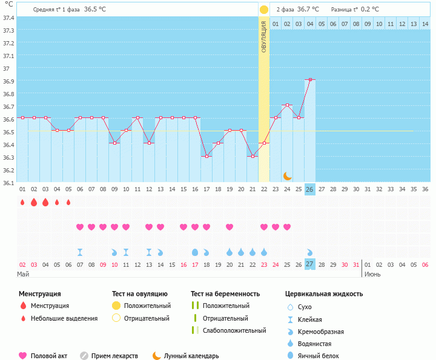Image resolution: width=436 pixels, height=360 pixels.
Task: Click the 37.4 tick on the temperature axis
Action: click(8, 18)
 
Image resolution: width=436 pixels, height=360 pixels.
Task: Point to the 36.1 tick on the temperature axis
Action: click(8, 182)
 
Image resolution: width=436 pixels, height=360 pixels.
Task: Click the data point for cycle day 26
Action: click(310, 79)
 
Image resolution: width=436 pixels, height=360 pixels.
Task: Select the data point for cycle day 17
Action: click(206, 156)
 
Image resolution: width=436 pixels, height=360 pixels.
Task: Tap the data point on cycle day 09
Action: click(114, 143)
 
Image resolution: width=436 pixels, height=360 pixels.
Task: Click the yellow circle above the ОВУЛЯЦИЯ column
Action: click(264, 10)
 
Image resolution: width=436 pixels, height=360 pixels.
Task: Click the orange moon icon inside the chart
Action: click(288, 175)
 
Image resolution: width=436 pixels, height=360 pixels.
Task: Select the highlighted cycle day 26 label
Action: click(310, 189)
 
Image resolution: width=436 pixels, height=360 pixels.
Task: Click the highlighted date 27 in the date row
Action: click(310, 265)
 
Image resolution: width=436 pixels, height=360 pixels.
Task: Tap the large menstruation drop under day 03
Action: click(34, 202)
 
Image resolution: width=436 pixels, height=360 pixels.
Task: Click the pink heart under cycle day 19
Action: click(230, 227)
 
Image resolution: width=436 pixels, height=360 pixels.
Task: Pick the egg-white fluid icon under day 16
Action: click(195, 252)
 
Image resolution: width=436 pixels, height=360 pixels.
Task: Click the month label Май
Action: click(23, 274)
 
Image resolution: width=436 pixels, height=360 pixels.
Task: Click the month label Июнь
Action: click(372, 274)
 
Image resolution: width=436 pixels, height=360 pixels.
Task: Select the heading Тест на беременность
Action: click(225, 294)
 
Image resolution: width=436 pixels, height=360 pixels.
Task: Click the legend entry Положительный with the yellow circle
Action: click(147, 306)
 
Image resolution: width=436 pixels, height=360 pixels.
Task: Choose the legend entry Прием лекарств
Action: click(114, 356)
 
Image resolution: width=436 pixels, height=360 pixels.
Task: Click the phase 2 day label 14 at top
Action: click(425, 24)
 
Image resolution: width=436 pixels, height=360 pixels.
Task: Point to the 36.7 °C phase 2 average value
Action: click(312, 10)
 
